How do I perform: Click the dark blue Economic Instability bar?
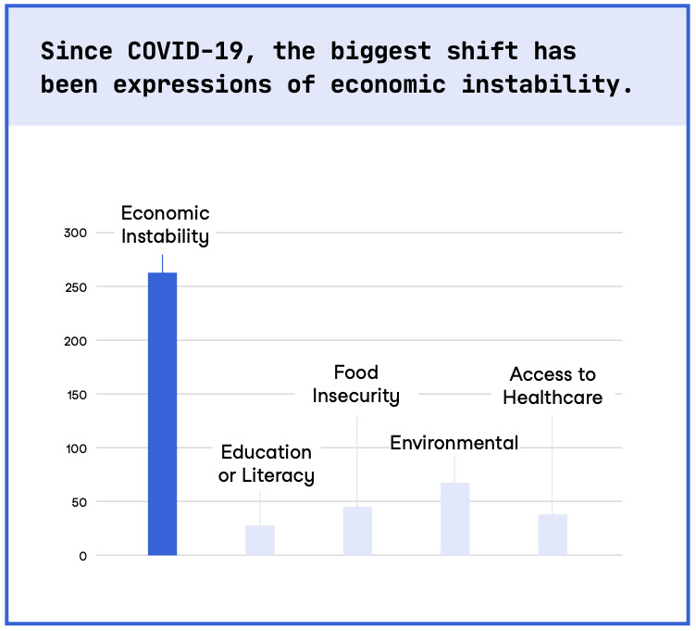pos(162,413)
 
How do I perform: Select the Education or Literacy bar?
pos(260,540)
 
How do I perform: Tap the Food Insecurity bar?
pos(357,531)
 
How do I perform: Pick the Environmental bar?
pos(454,519)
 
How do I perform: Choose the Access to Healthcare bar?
pos(553,535)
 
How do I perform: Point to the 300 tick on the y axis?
pos(75,233)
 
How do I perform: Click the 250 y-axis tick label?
pos(75,286)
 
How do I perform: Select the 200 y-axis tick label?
pos(75,340)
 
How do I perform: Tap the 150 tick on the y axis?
pos(75,394)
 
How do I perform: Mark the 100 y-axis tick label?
pos(75,448)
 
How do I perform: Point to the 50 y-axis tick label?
pos(79,501)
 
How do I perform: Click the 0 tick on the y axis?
pos(82,555)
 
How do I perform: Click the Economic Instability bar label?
pos(165,225)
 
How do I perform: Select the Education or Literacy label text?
pos(267,464)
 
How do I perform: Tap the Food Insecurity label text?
pos(356,385)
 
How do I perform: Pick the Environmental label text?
pos(454,443)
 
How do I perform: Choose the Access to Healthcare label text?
pos(553,386)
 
